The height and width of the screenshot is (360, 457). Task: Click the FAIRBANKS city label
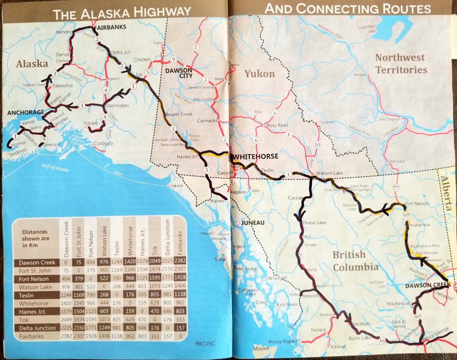(x=110, y=27)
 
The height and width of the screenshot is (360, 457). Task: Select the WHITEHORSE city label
(x=256, y=157)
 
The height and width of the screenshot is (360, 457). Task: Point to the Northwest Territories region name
(x=401, y=63)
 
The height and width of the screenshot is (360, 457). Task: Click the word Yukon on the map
(x=260, y=74)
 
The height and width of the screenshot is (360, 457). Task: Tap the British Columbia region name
(x=356, y=260)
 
